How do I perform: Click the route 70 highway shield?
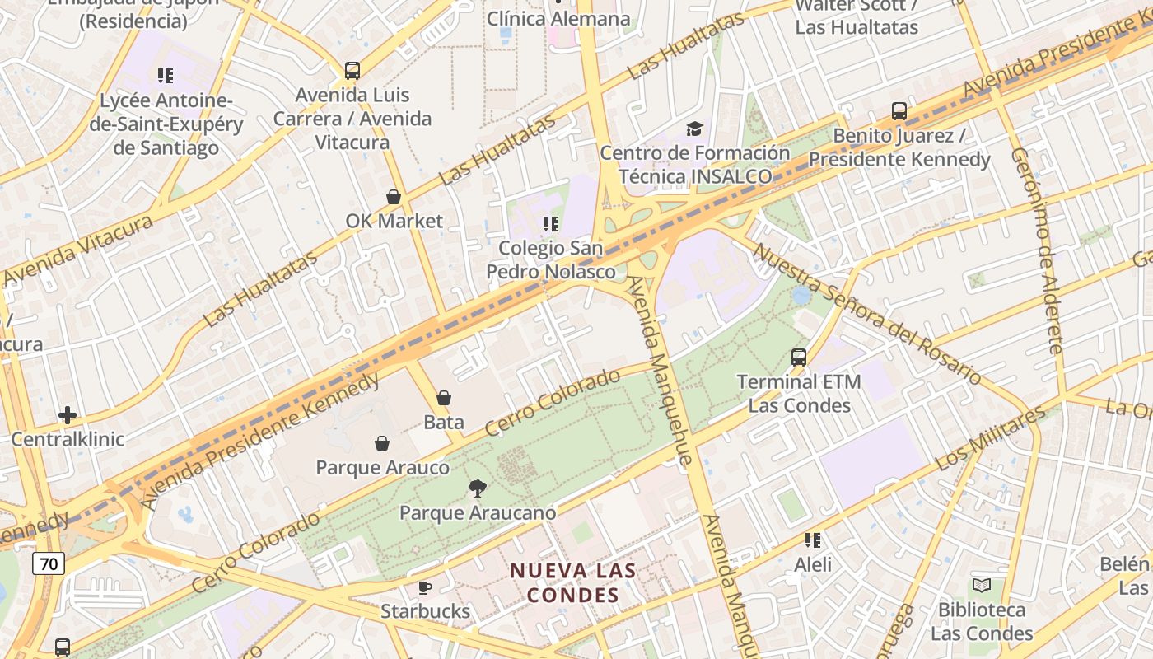coord(49,563)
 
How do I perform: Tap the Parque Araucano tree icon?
coord(477,488)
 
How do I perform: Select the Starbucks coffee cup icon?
coord(425,587)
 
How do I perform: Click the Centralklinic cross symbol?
coord(68,415)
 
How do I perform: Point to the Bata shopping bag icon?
coord(444,399)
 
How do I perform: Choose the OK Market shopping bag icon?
coord(394,197)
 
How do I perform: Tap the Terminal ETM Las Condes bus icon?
coord(799,358)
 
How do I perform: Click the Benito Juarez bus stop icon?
coord(899,111)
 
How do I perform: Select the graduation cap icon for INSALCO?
coord(694,129)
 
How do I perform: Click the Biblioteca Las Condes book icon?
coord(982,586)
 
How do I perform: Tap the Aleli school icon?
coord(813,540)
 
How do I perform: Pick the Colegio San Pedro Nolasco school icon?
coord(551,223)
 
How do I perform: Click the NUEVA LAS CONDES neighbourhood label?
coord(573,582)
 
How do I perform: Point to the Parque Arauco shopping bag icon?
coord(382,444)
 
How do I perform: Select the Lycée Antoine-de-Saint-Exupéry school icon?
coord(166,76)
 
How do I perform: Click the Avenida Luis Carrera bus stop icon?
coord(352,71)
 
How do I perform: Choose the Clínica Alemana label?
coord(558,18)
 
